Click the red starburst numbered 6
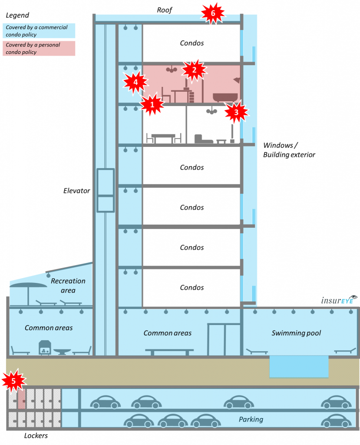(x=213, y=13)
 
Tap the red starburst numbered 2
(x=194, y=70)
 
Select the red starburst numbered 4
(x=135, y=82)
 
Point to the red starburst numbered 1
(x=152, y=104)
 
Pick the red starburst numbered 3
(x=236, y=112)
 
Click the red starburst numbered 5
(x=13, y=381)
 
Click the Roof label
(x=165, y=10)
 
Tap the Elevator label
(x=76, y=191)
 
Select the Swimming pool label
(x=296, y=333)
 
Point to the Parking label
(x=251, y=419)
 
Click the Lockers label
(x=36, y=435)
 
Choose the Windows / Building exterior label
(x=289, y=150)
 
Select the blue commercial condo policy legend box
(x=39, y=31)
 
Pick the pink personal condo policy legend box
(x=39, y=48)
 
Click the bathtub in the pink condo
(x=225, y=97)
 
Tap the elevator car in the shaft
(x=106, y=190)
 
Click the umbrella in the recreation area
(x=28, y=292)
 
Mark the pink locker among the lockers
(x=22, y=399)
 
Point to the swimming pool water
(x=299, y=367)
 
